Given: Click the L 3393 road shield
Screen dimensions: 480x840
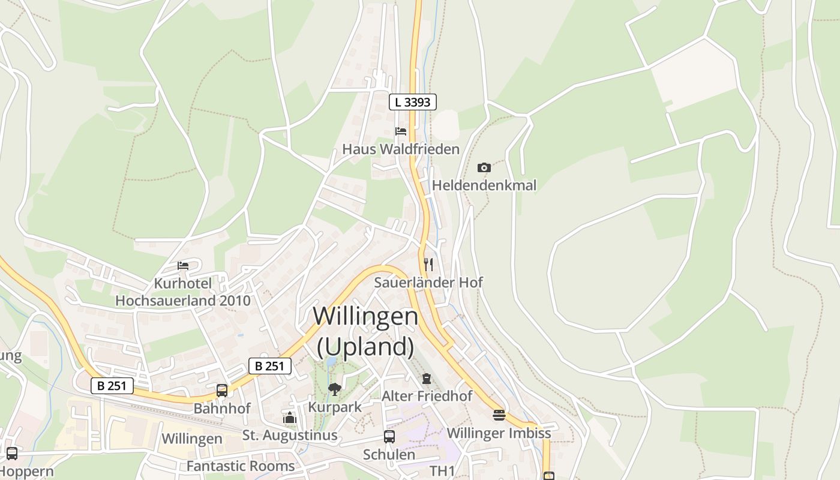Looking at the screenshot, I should pyautogui.click(x=413, y=102).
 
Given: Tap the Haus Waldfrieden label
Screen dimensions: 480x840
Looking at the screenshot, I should pyautogui.click(x=401, y=149).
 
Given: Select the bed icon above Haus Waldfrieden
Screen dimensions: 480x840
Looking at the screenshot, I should pyautogui.click(x=401, y=131).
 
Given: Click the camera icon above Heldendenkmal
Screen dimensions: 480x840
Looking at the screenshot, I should pyautogui.click(x=484, y=167).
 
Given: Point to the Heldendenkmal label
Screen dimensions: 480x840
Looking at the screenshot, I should pyautogui.click(x=484, y=185).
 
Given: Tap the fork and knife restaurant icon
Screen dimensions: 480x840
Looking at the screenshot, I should pyautogui.click(x=428, y=264).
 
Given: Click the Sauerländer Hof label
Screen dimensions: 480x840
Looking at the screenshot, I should pyautogui.click(x=428, y=282).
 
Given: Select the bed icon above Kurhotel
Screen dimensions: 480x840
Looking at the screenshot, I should pyautogui.click(x=183, y=265).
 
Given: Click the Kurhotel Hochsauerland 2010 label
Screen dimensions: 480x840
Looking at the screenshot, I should pyautogui.click(x=183, y=292).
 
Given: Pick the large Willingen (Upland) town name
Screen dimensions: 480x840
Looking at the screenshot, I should pyautogui.click(x=365, y=331).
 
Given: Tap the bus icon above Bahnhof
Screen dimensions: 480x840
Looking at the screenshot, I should pyautogui.click(x=222, y=391).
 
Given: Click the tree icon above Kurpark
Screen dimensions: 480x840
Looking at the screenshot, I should pyautogui.click(x=335, y=389).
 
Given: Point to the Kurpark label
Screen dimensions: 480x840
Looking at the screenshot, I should pyautogui.click(x=335, y=407).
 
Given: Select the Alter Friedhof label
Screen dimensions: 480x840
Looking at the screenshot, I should pyautogui.click(x=427, y=396).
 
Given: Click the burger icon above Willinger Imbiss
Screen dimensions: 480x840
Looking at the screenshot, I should pyautogui.click(x=499, y=415).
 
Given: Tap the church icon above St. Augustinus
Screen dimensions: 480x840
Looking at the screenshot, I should pyautogui.click(x=290, y=418).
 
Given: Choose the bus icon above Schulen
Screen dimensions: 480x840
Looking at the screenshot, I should pyautogui.click(x=389, y=437).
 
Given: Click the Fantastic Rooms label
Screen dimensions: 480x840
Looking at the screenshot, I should pyautogui.click(x=241, y=466).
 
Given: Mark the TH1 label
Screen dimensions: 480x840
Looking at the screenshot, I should pyautogui.click(x=443, y=470).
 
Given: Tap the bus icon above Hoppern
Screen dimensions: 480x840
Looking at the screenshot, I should pyautogui.click(x=12, y=454).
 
